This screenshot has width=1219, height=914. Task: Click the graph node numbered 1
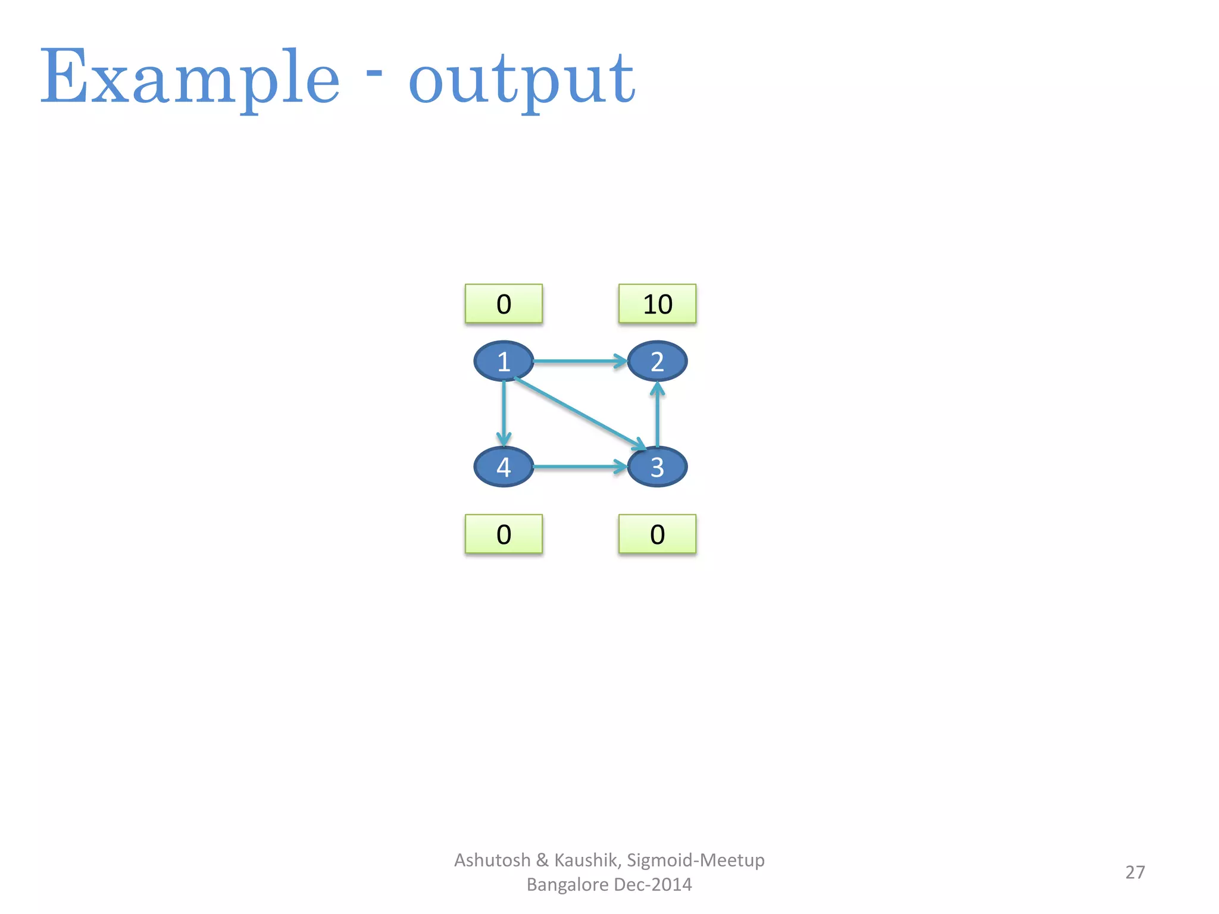coord(504,361)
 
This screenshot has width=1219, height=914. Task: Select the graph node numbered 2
coord(657,361)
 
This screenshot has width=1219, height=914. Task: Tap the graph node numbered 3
coord(657,467)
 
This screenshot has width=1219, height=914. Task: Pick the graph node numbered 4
coord(504,467)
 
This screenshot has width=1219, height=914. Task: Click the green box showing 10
coord(657,304)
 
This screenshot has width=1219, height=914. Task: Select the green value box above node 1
coord(504,304)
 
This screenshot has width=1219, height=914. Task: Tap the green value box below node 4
coord(504,534)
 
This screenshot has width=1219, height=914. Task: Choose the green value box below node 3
coord(657,534)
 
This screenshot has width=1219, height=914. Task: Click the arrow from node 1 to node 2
coord(580,361)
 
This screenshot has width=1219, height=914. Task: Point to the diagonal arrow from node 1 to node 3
coord(580,413)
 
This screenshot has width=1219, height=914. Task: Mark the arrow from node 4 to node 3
coord(580,467)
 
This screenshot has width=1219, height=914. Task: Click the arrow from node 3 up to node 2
coord(657,414)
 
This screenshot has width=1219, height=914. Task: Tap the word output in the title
coord(521,80)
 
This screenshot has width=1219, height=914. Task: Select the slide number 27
coord(1134,872)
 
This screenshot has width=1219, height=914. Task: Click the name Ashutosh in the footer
coord(492,860)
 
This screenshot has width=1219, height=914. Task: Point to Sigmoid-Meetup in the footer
coord(695,860)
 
